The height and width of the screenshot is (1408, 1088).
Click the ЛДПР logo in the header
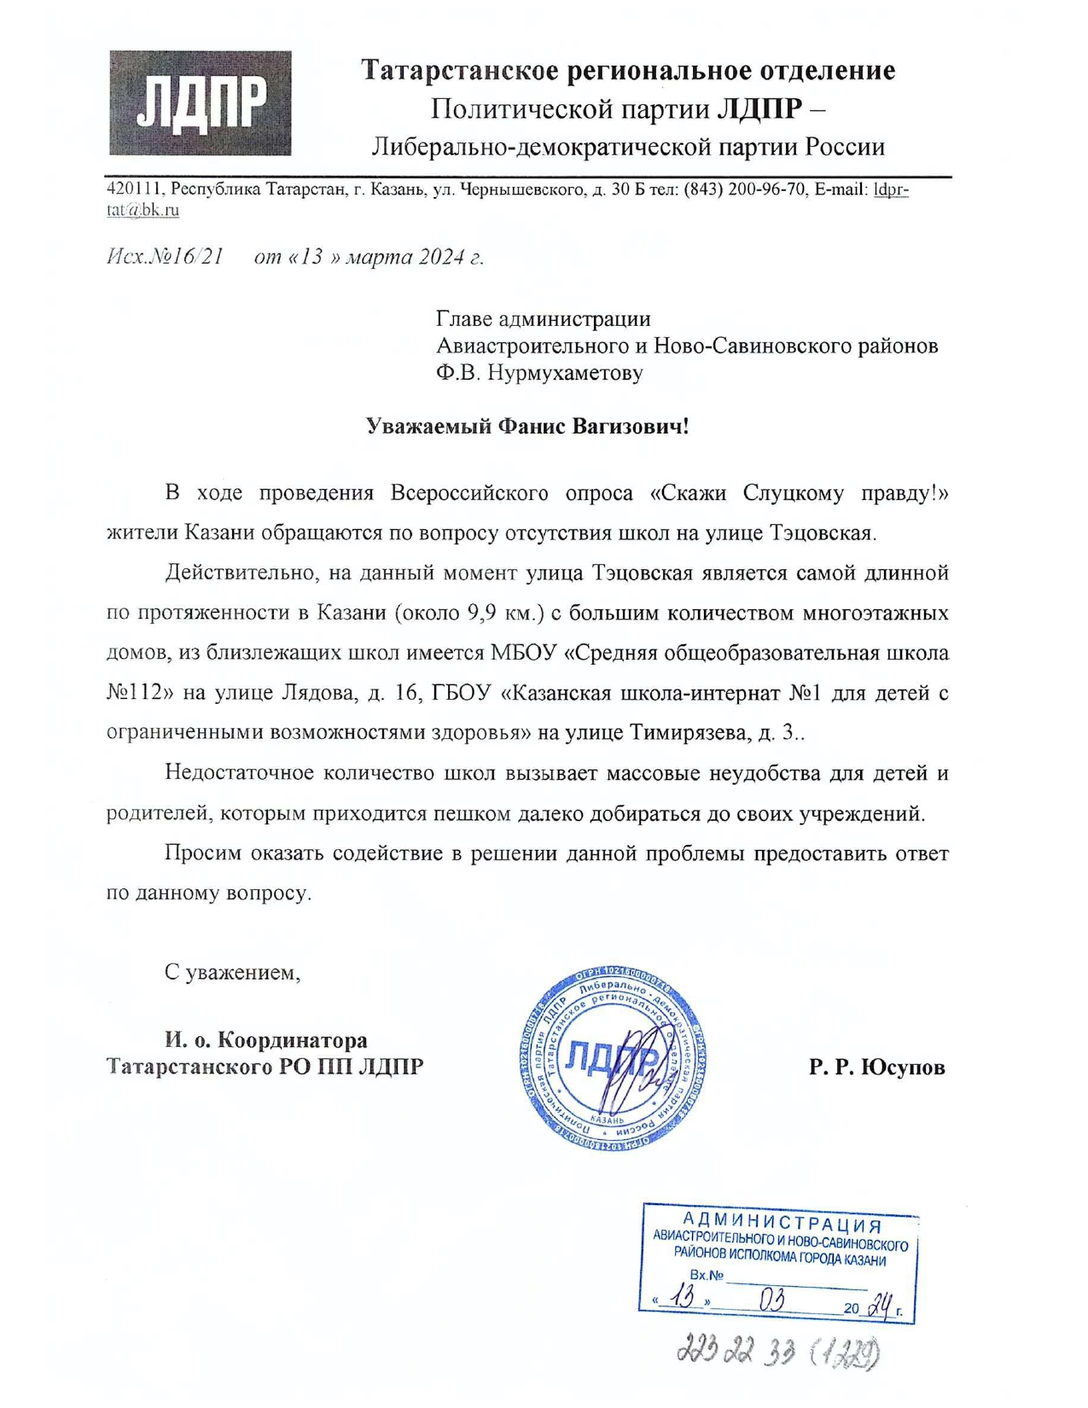[x=200, y=103]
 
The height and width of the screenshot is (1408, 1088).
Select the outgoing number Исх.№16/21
[x=165, y=257]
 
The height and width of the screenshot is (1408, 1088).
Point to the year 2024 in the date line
[x=440, y=257]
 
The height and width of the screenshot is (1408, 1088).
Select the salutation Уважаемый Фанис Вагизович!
[x=527, y=426]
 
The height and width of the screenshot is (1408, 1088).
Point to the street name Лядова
[x=319, y=693]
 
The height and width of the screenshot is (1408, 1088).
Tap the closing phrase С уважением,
[x=232, y=972]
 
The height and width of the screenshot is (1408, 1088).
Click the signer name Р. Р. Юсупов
[x=877, y=1067]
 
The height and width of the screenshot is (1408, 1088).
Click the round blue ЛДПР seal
[x=611, y=1061]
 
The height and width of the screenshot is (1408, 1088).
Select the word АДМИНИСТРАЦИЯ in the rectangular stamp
[x=781, y=1222]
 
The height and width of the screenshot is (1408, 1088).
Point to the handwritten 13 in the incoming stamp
[x=683, y=1298]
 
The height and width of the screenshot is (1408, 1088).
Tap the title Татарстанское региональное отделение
[x=628, y=70]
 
